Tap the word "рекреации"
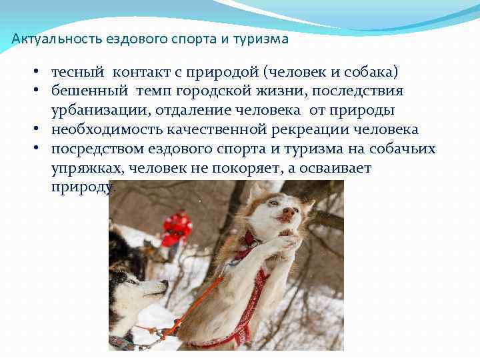(x=329, y=129)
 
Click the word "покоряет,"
(x=245, y=168)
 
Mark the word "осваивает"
(x=333, y=168)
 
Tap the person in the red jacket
(x=176, y=229)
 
